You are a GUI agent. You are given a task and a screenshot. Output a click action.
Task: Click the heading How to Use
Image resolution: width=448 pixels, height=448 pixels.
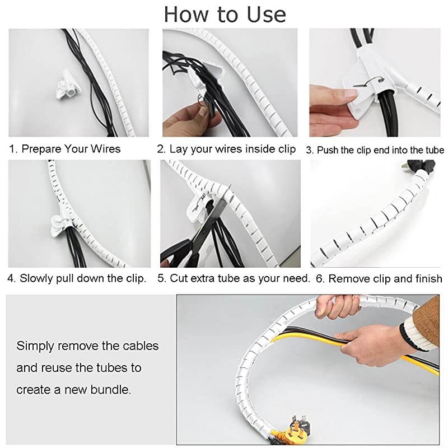pos(225,14)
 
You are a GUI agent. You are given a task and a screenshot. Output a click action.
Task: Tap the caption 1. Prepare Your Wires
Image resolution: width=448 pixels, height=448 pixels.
pos(65,150)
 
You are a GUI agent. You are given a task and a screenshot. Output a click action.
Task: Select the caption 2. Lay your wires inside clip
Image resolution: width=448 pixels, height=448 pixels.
pos(226,150)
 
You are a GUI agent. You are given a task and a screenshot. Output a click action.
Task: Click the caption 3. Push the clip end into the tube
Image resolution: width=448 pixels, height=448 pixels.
pos(375,150)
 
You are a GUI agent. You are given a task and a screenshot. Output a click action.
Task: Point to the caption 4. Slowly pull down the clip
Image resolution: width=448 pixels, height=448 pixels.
pos(77,278)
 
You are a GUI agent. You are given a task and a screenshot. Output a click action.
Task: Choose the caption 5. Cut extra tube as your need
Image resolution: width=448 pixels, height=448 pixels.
pos(234,278)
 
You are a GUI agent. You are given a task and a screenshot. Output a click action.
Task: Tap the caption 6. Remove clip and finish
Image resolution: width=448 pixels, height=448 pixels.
pos(378,278)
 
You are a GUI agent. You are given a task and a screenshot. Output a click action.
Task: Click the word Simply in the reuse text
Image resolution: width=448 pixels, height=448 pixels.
pos(35,346)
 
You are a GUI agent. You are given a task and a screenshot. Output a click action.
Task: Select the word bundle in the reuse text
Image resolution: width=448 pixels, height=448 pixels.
pos(113,389)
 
